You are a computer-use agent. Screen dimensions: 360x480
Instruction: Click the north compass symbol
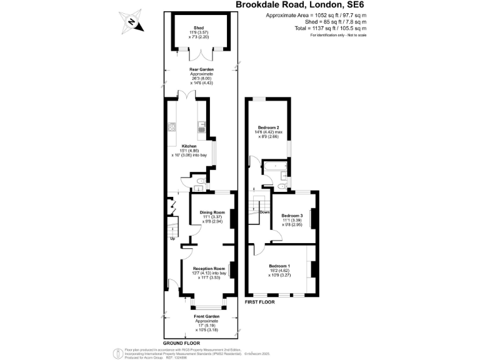[x=132, y=22]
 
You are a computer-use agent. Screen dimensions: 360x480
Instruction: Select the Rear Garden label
[x=202, y=69]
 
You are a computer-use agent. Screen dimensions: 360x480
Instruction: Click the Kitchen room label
[x=189, y=146]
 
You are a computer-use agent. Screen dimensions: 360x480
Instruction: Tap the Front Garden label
[x=206, y=317]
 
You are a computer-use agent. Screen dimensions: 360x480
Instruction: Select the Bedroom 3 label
[x=292, y=216]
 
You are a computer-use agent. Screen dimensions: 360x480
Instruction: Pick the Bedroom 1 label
[x=279, y=266]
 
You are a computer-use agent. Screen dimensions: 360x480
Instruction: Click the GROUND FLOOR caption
[x=182, y=344]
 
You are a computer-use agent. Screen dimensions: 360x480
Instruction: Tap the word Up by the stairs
[x=172, y=238]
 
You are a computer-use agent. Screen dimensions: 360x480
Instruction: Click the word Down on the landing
[x=265, y=212]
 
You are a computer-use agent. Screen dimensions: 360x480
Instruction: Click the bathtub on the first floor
[x=274, y=167]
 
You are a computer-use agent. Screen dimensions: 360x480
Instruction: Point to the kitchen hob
[x=171, y=128]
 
